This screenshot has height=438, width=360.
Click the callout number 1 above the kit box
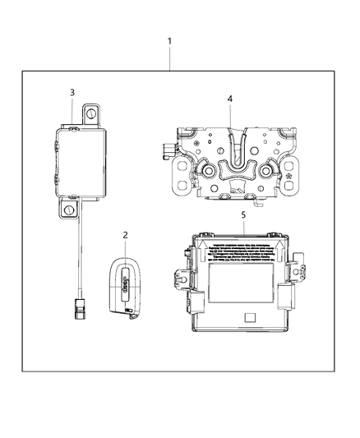170,41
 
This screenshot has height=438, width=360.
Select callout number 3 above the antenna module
72,92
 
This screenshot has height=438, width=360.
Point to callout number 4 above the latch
230,99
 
